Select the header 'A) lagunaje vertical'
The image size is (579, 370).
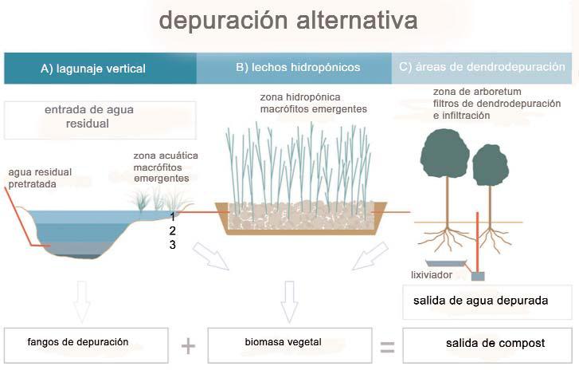point(93,69)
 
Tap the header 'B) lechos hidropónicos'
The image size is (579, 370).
point(298,68)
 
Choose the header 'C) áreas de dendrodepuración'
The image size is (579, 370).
point(483,68)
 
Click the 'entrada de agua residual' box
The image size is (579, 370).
point(100,119)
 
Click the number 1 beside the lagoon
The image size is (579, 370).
point(172,215)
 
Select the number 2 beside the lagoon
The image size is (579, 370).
point(172,230)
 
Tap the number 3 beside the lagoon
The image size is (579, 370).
point(172,246)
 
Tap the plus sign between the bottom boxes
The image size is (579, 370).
point(188,345)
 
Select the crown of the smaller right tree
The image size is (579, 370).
point(491,165)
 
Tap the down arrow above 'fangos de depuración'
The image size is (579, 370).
point(82,301)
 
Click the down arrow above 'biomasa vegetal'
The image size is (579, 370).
point(289,301)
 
